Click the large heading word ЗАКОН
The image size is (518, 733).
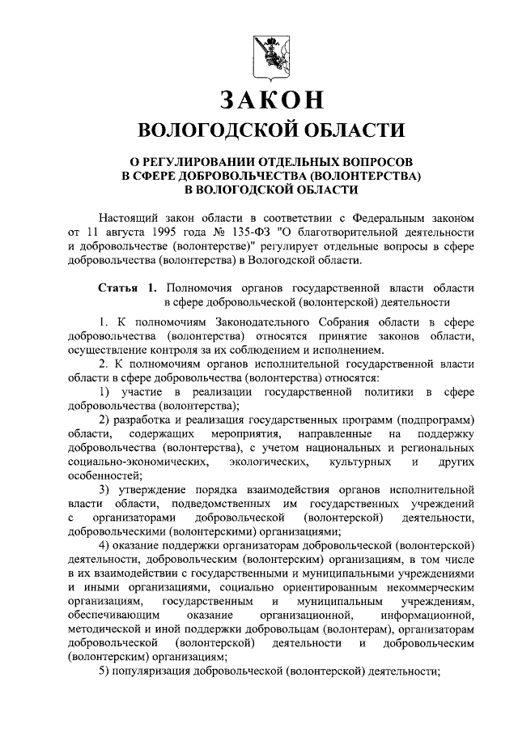[x=270, y=100]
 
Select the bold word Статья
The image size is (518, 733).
[x=117, y=288]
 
